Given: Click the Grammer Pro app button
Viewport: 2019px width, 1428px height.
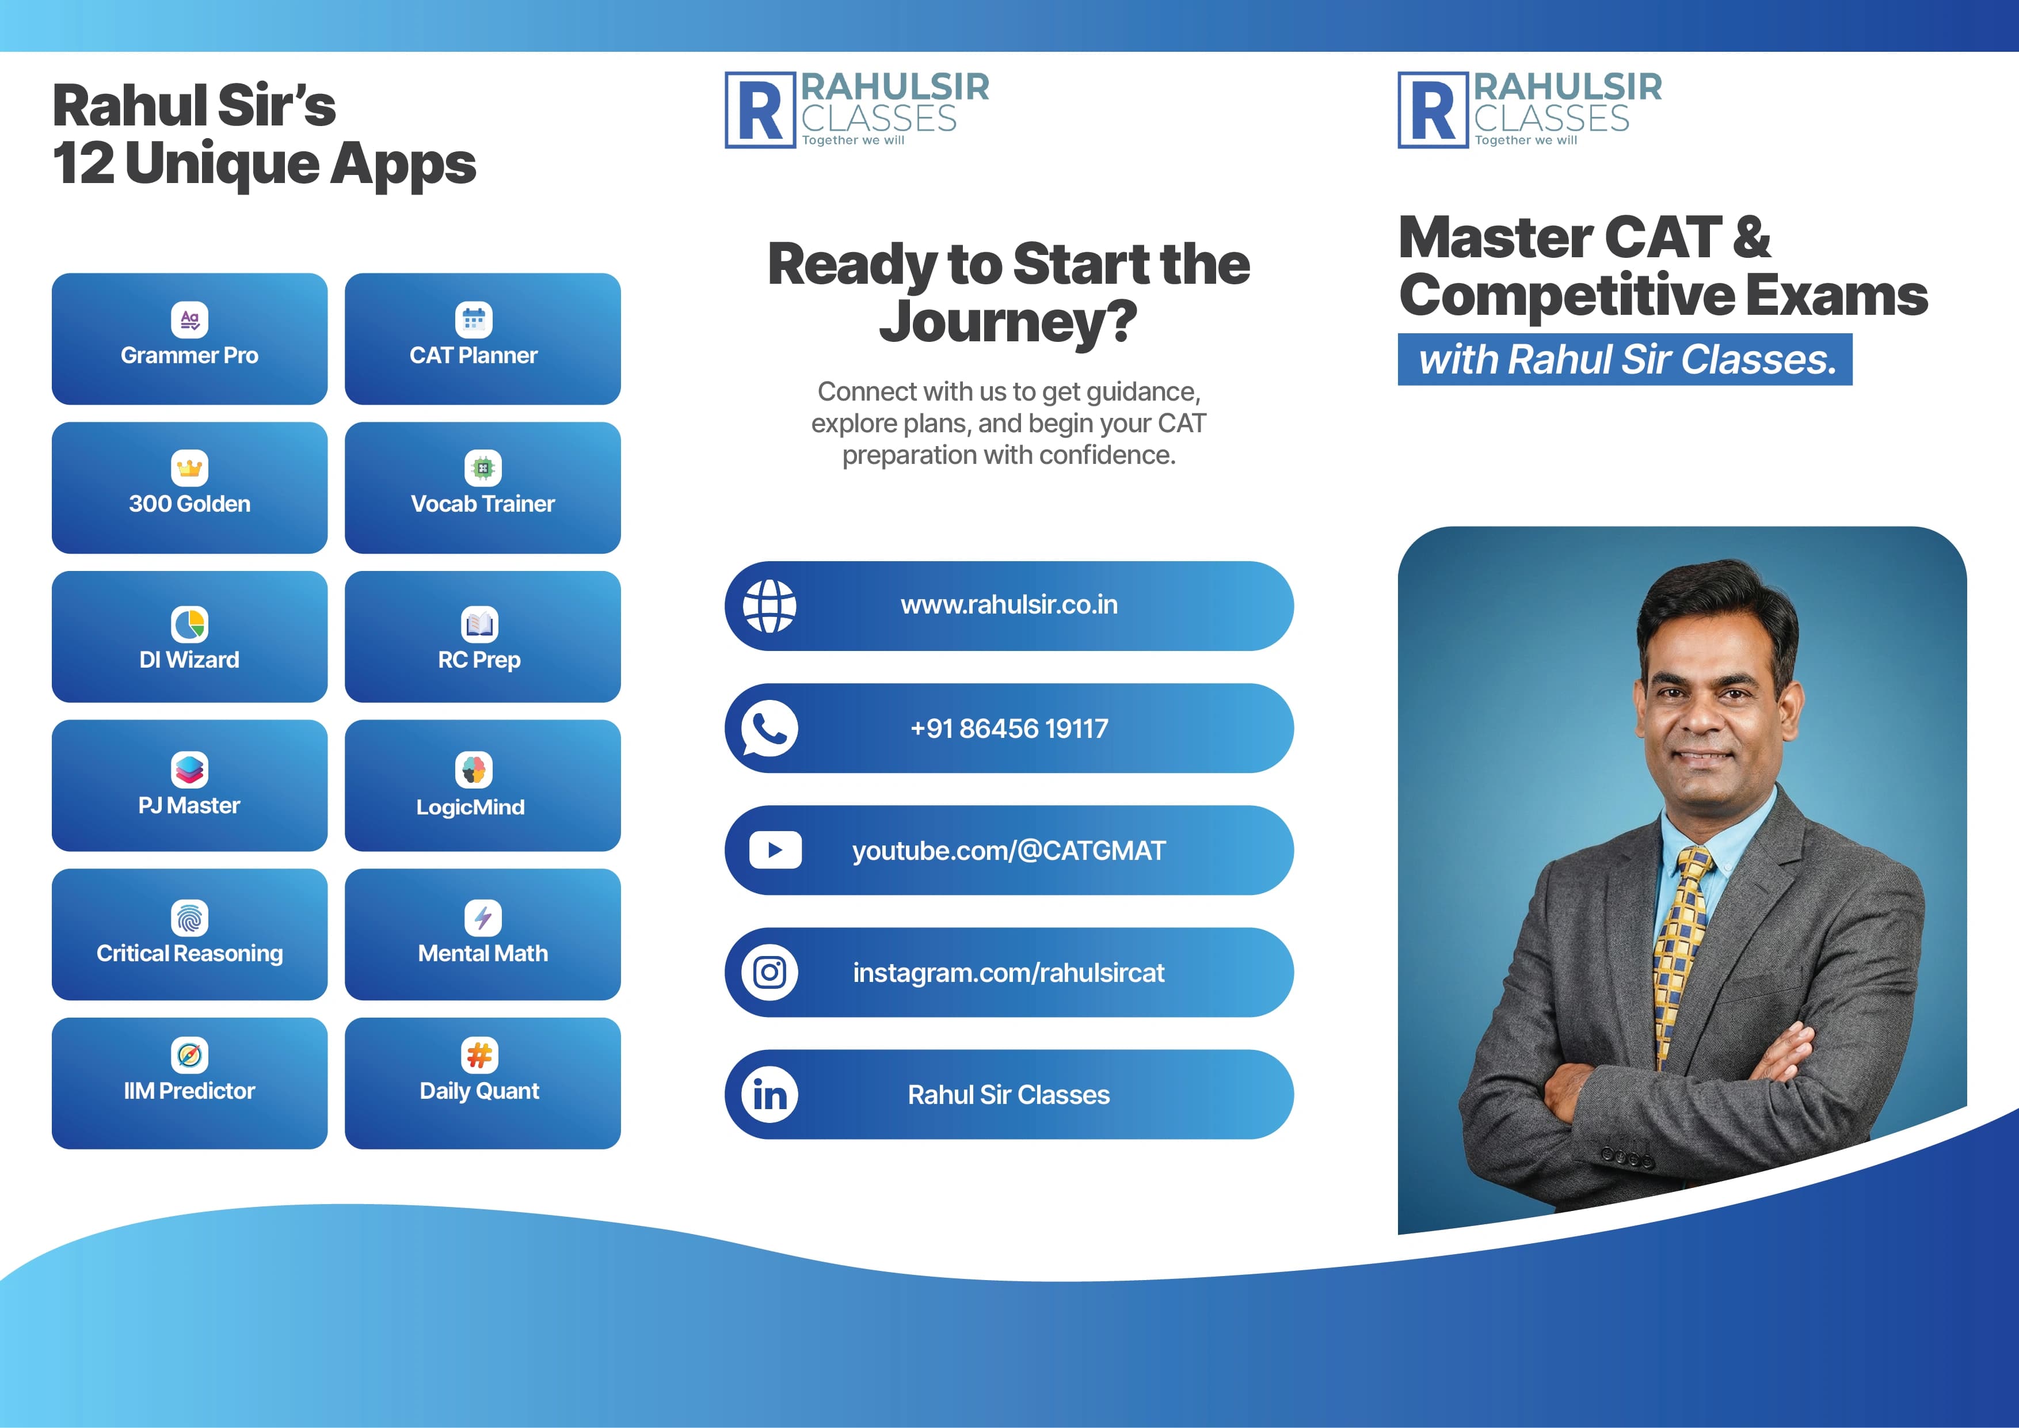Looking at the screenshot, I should coord(189,338).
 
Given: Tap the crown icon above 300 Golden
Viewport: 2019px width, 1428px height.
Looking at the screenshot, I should coord(189,468).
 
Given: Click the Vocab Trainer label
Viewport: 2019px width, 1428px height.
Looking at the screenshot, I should coord(483,504).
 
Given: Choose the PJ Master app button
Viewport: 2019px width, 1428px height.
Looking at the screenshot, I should coord(189,785).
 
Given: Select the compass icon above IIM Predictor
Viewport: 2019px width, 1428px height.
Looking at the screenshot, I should coord(189,1055).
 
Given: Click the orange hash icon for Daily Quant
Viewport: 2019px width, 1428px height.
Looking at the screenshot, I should coord(479,1055).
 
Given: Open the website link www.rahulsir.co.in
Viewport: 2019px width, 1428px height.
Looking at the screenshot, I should coord(1008,605).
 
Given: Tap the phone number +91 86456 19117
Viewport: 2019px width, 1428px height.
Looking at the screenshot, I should coord(1008,728).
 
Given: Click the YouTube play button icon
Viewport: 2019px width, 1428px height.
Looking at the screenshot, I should coord(775,850).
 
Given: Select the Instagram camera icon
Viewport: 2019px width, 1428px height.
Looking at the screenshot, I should coord(769,973).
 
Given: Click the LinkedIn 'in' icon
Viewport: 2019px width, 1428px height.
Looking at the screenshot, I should coord(769,1095).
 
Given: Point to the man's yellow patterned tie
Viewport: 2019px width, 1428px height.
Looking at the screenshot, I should coord(1678,950).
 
